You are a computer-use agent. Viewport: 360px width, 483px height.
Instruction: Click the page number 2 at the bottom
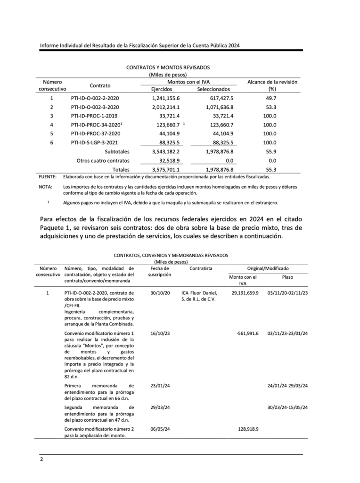tap(41, 459)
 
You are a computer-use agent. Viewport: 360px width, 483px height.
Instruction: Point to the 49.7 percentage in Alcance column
tap(271, 98)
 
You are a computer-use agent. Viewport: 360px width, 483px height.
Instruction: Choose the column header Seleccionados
tap(213, 89)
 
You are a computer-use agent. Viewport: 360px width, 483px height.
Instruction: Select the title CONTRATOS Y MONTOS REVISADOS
tap(168, 68)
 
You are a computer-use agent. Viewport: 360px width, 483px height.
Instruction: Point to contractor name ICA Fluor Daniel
tap(199, 293)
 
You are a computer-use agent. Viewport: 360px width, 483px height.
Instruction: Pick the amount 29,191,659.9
tap(245, 293)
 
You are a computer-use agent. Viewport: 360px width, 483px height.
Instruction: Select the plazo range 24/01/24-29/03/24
tap(287, 385)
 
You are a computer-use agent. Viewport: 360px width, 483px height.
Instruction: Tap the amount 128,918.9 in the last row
tap(247, 429)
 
